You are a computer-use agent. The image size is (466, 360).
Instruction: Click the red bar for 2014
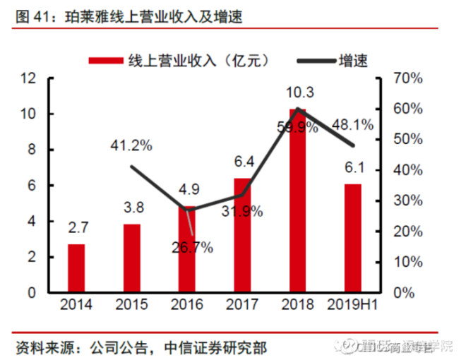point(76,268)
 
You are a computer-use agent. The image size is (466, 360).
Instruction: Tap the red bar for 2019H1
point(352,238)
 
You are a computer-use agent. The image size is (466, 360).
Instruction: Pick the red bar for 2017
point(242,235)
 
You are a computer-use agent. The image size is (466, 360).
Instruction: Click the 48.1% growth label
point(353,124)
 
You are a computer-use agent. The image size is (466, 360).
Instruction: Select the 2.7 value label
point(76,228)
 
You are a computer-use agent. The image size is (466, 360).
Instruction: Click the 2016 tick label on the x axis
point(186,305)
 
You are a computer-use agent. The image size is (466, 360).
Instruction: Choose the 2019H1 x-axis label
point(352,305)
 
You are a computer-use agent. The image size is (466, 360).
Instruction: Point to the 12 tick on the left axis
point(28,78)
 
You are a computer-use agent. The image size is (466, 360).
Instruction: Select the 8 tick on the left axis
point(32,150)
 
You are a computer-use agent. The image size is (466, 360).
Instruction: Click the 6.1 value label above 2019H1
point(352,167)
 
